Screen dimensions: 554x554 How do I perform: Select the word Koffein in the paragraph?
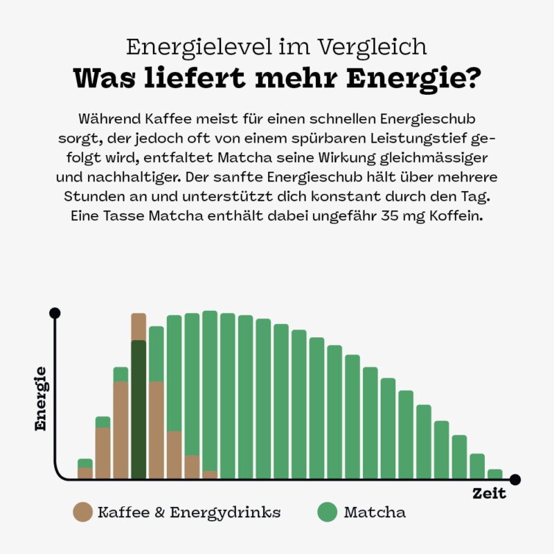tap(453, 215)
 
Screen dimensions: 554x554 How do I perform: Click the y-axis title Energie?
tap(41, 399)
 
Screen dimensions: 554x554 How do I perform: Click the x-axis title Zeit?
tap(489, 494)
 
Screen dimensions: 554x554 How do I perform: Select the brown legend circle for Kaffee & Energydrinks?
tap(82, 512)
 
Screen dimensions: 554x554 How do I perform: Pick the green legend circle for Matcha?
tap(327, 512)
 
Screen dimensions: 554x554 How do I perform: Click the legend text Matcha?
tap(375, 512)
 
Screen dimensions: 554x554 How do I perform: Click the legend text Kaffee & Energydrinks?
tap(189, 512)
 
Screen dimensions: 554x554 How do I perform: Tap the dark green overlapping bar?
tap(138, 409)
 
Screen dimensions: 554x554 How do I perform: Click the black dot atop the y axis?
tap(55, 312)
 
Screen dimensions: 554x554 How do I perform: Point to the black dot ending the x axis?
tap(515, 479)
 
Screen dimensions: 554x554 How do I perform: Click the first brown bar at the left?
tap(85, 473)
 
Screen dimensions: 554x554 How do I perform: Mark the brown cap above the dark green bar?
tap(138, 326)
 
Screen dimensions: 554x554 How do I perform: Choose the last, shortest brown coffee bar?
tap(210, 475)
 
